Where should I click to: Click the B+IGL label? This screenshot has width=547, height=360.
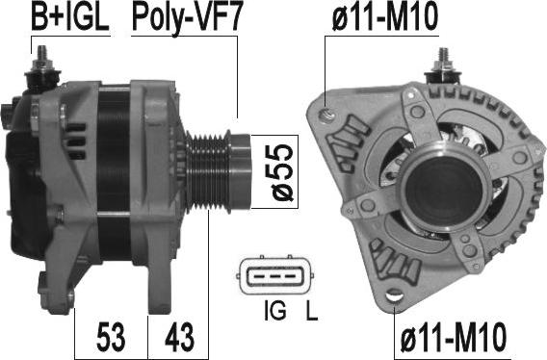point(70,16)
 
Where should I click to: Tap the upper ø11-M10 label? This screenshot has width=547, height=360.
point(385,16)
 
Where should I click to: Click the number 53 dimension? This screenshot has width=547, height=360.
point(111,337)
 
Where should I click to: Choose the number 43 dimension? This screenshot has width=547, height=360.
point(179,337)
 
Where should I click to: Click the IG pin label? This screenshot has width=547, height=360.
point(275,311)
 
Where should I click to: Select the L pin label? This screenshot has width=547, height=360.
point(311,311)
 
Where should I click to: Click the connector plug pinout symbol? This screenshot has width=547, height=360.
point(274,275)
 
